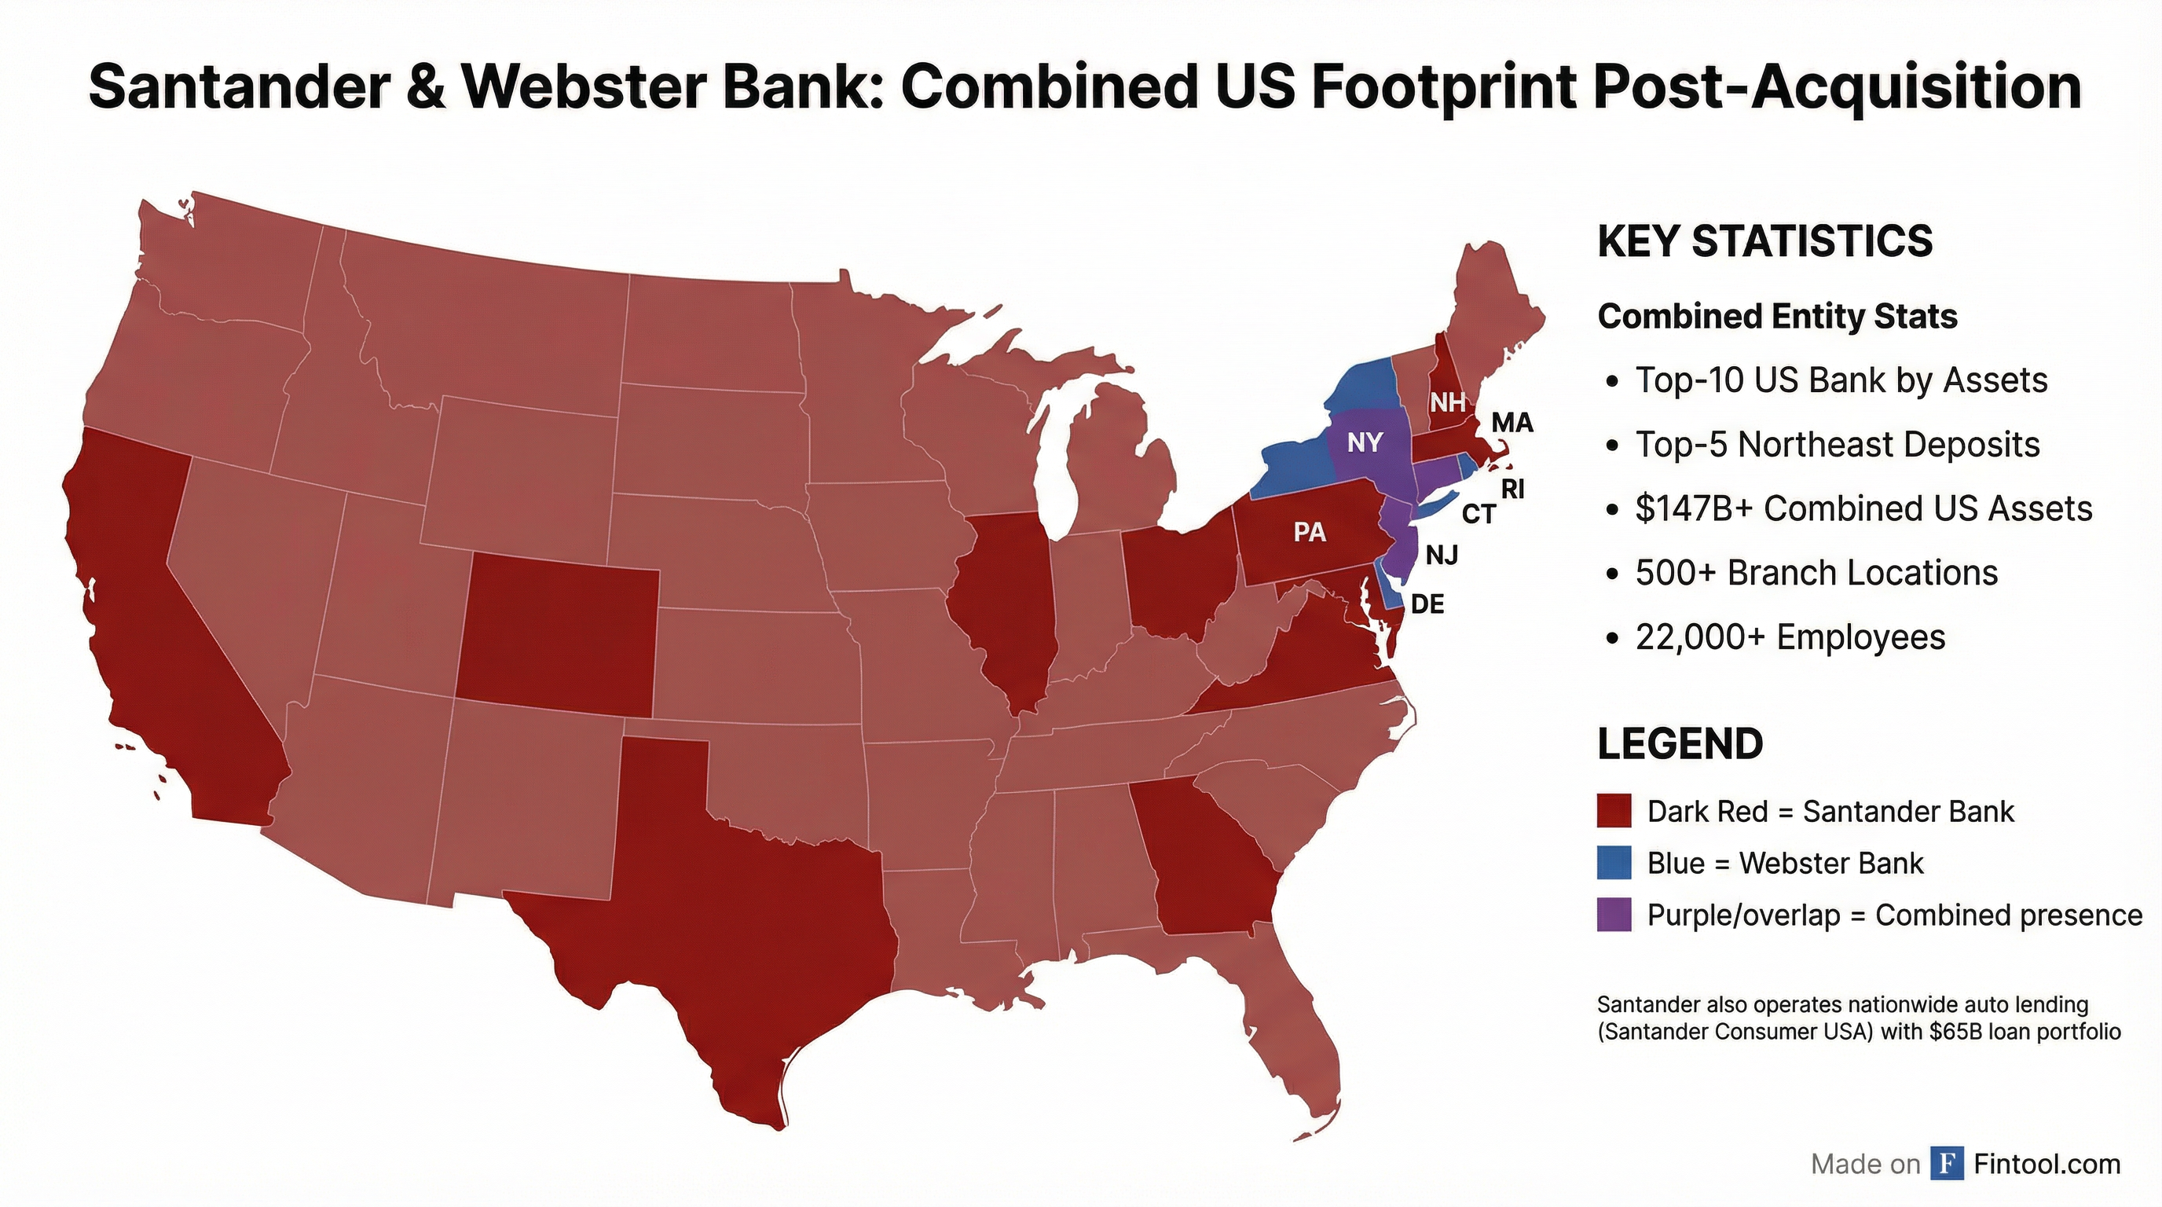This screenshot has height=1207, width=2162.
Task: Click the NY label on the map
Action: tap(1365, 442)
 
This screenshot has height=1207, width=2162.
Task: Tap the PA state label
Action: tap(1310, 531)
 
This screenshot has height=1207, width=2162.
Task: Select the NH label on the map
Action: tap(1448, 402)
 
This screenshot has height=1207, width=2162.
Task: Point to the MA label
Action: tap(1512, 423)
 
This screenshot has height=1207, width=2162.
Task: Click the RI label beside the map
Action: tap(1512, 489)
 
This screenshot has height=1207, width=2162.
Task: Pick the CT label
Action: tap(1479, 514)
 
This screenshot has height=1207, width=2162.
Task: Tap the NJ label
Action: tap(1442, 555)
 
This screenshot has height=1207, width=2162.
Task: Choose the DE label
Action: tap(1427, 603)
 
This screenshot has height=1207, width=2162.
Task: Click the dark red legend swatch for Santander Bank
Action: tap(1614, 812)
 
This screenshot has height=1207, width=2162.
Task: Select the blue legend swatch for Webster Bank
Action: tap(1614, 863)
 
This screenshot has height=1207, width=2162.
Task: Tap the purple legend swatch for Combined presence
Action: tap(1614, 914)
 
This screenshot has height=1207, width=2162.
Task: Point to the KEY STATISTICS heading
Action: tap(1765, 242)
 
